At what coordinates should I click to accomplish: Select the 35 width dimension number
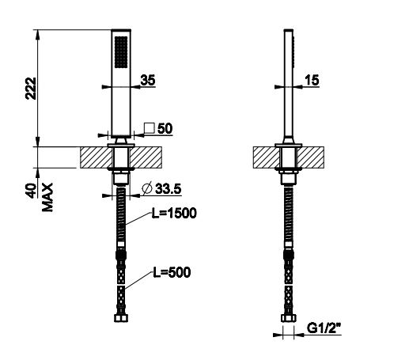coord(147,79)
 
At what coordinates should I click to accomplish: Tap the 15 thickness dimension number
coord(312,79)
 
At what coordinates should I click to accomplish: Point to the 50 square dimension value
coord(165,127)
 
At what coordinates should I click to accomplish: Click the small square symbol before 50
coord(149,127)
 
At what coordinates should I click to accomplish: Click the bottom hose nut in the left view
coord(121,320)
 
